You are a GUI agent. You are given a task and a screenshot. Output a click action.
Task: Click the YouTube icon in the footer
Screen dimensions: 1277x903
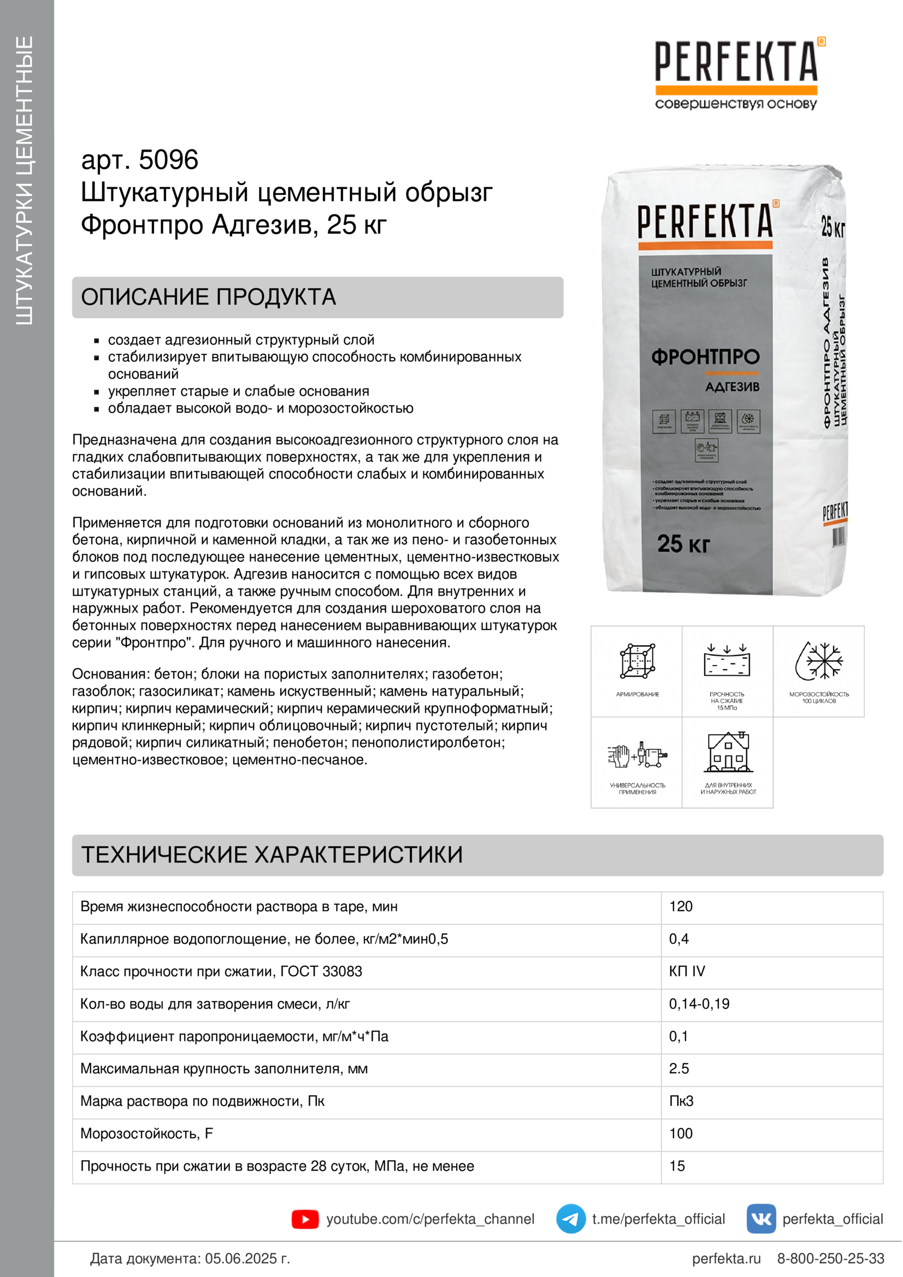(x=305, y=1219)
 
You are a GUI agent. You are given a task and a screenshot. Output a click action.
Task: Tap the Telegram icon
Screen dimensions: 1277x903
(x=570, y=1219)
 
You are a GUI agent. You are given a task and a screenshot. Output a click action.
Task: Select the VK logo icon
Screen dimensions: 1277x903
(x=760, y=1219)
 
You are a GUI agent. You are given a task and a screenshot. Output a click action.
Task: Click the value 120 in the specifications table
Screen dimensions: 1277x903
(x=681, y=907)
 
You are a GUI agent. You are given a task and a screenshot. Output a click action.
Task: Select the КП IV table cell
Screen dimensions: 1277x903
(x=687, y=971)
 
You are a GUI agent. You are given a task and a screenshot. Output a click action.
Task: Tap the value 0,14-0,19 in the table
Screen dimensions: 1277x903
(x=699, y=1004)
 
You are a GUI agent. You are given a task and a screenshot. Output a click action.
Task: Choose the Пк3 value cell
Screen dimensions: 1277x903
(x=681, y=1101)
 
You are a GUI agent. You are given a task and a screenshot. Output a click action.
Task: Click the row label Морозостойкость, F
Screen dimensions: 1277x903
(x=146, y=1133)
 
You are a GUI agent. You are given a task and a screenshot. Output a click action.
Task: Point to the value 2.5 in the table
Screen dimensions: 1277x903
(x=679, y=1068)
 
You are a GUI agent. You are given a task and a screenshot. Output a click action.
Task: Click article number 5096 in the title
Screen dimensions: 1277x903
(x=168, y=160)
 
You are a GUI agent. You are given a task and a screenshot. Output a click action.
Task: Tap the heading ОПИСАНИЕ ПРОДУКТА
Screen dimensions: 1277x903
(x=209, y=297)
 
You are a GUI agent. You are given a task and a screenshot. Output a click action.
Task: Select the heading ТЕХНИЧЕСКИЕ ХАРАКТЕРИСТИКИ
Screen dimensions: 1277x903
(x=272, y=855)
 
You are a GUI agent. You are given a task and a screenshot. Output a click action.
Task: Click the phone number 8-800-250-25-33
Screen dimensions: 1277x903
(x=830, y=1258)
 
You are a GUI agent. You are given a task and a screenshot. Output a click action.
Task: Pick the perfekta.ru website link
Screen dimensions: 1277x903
(x=726, y=1258)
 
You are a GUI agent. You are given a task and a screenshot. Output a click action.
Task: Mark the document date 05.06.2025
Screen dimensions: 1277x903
(x=247, y=1258)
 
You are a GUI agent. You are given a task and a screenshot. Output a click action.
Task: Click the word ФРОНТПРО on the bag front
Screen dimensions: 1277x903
(x=705, y=357)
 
